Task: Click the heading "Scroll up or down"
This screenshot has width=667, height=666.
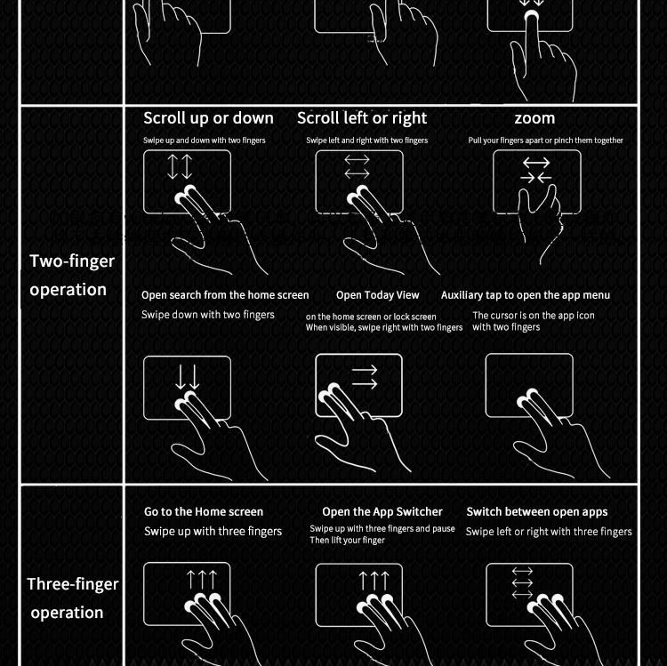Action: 208,118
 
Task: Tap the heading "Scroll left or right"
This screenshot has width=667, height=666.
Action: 362,118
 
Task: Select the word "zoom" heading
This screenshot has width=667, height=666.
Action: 534,118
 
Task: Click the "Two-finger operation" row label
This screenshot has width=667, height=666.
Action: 72,275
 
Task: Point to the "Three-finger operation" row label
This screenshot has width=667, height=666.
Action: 72,598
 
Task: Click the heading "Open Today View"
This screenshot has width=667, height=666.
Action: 378,295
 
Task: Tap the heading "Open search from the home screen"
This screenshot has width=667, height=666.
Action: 225,295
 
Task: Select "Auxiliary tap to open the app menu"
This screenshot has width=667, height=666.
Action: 526,295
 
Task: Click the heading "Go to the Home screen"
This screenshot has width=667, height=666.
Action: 204,511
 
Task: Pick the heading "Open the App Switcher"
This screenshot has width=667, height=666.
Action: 382,511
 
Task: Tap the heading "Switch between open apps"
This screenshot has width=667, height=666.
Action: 537,511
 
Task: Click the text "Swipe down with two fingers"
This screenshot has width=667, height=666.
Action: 208,315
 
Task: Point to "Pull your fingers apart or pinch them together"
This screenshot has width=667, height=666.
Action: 545,140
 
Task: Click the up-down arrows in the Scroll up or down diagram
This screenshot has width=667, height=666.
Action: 180,166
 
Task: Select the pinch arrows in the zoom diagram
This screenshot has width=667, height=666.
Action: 536,170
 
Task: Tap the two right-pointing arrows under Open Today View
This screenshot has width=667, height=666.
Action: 365,377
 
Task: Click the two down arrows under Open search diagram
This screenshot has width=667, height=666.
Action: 188,377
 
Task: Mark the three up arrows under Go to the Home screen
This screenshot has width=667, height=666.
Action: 202,580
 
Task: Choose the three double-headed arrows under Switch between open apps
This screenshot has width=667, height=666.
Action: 522,582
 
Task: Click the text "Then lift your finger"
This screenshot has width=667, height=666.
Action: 347,540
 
